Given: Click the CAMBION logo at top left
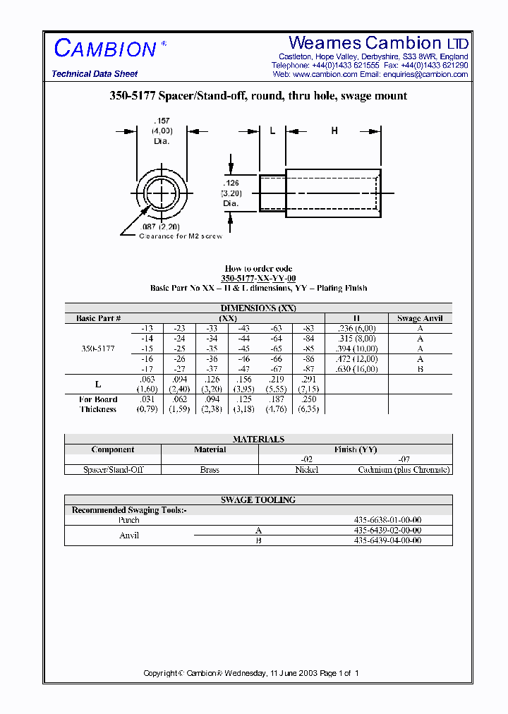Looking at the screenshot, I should [x=105, y=48].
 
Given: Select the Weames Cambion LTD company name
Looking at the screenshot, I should [x=379, y=43].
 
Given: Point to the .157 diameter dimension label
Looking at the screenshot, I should [x=162, y=131].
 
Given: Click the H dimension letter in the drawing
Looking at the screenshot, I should [x=334, y=131].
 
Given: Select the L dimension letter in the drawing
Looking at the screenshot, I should [x=272, y=131].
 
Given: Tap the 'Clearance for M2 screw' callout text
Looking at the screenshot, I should [x=180, y=236].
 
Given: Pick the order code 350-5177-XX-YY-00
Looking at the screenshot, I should [x=258, y=279].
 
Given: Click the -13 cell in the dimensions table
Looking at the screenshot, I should [x=147, y=328].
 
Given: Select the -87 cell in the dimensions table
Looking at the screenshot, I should [x=308, y=369].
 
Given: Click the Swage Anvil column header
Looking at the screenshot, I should [x=420, y=318].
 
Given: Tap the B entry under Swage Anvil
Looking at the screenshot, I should [x=420, y=369].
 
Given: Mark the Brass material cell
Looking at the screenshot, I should [x=210, y=469].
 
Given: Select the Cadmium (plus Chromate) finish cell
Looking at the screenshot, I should [x=404, y=469].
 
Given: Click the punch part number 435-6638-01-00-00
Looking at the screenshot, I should [x=387, y=520].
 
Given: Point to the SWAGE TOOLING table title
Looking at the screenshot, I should [x=258, y=500].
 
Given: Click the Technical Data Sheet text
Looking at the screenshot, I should [x=95, y=74].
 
